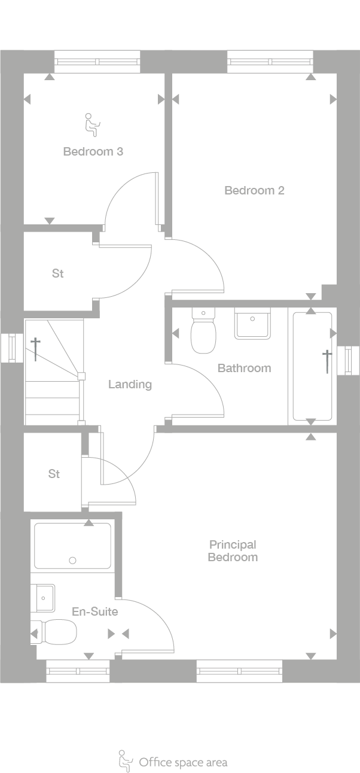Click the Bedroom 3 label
pyautogui.click(x=93, y=151)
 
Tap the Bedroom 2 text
pyautogui.click(x=254, y=190)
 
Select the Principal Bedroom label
pyautogui.click(x=233, y=550)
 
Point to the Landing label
pyautogui.click(x=130, y=384)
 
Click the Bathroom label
pyautogui.click(x=244, y=368)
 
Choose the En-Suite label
pyautogui.click(x=94, y=611)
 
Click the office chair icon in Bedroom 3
pyautogui.click(x=91, y=123)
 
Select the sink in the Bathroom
pyautogui.click(x=252, y=324)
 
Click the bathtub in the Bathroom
pyautogui.click(x=312, y=366)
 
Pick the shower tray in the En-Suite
pyautogui.click(x=72, y=546)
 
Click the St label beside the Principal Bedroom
pyautogui.click(x=54, y=474)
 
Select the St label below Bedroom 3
pyautogui.click(x=57, y=273)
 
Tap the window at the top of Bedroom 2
pyautogui.click(x=270, y=61)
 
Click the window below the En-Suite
pyautogui.click(x=78, y=671)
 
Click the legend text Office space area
pyautogui.click(x=183, y=762)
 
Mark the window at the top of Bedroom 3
pyautogui.click(x=97, y=61)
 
